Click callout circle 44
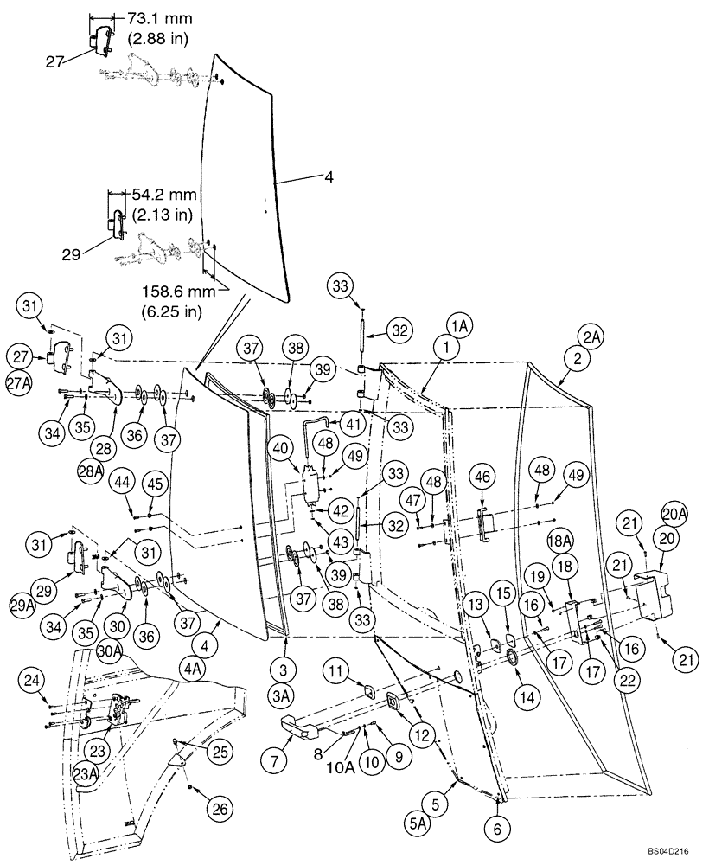[x=121, y=483]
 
